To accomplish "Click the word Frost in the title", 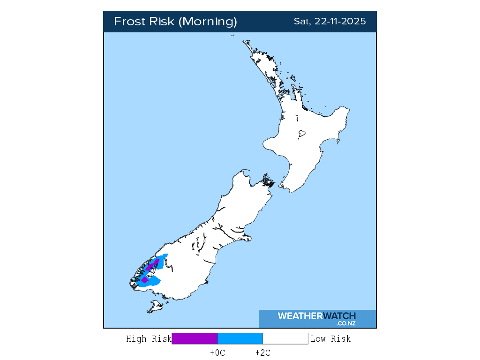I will tap(129, 22).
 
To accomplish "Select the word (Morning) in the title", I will tap(208, 22).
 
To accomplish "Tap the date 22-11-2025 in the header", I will tap(341, 22).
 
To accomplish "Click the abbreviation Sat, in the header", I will tap(302, 22).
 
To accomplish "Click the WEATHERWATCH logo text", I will tap(317, 316).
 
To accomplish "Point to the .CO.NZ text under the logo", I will tap(346, 323).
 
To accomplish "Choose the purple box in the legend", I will tap(195, 339).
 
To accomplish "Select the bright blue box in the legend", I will tap(240, 339).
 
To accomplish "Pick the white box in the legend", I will tap(285, 339).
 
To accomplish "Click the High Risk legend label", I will tap(149, 339).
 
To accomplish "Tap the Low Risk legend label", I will tap(330, 339).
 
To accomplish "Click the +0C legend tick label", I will tap(217, 353).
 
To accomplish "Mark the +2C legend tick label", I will tap(263, 353).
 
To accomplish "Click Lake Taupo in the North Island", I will tap(302, 134).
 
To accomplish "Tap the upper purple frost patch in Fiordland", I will tap(152, 265).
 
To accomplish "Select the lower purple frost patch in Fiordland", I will tap(145, 279).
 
